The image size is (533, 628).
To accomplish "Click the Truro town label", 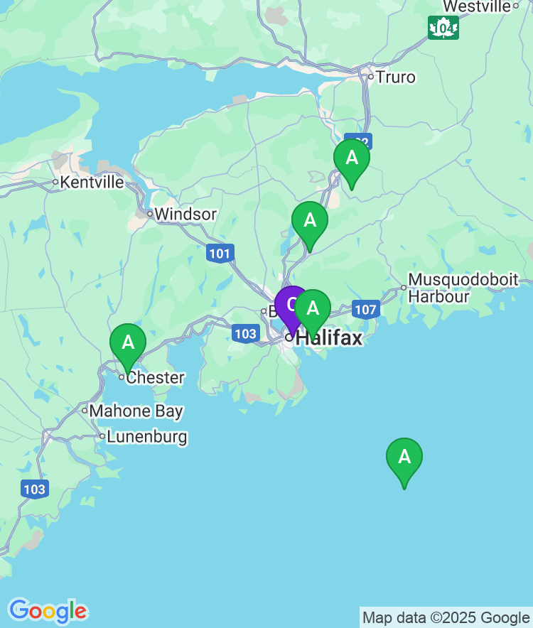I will pyautogui.click(x=395, y=77).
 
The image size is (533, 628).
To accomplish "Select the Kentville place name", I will pyautogui.click(x=92, y=183).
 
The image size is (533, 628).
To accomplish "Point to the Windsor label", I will pyautogui.click(x=185, y=214).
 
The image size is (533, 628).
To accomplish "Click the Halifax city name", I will pyautogui.click(x=328, y=338).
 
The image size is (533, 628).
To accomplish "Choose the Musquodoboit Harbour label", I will pyautogui.click(x=463, y=288).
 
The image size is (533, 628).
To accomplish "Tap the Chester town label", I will pyautogui.click(x=155, y=377).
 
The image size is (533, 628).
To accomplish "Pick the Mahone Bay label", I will pyautogui.click(x=136, y=411).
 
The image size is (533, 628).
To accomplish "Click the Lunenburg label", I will pyautogui.click(x=146, y=436).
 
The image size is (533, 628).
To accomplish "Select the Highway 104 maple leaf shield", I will pyautogui.click(x=443, y=28).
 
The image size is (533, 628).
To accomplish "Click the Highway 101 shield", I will pyautogui.click(x=220, y=253).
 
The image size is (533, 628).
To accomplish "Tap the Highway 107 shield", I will pyautogui.click(x=365, y=310).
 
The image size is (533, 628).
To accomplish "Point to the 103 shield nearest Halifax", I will pyautogui.click(x=245, y=333).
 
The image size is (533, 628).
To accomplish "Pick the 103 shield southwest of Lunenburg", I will pyautogui.click(x=34, y=489).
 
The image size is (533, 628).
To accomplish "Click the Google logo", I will pyautogui.click(x=48, y=611).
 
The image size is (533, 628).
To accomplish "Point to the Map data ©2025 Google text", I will pyautogui.click(x=446, y=618).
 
